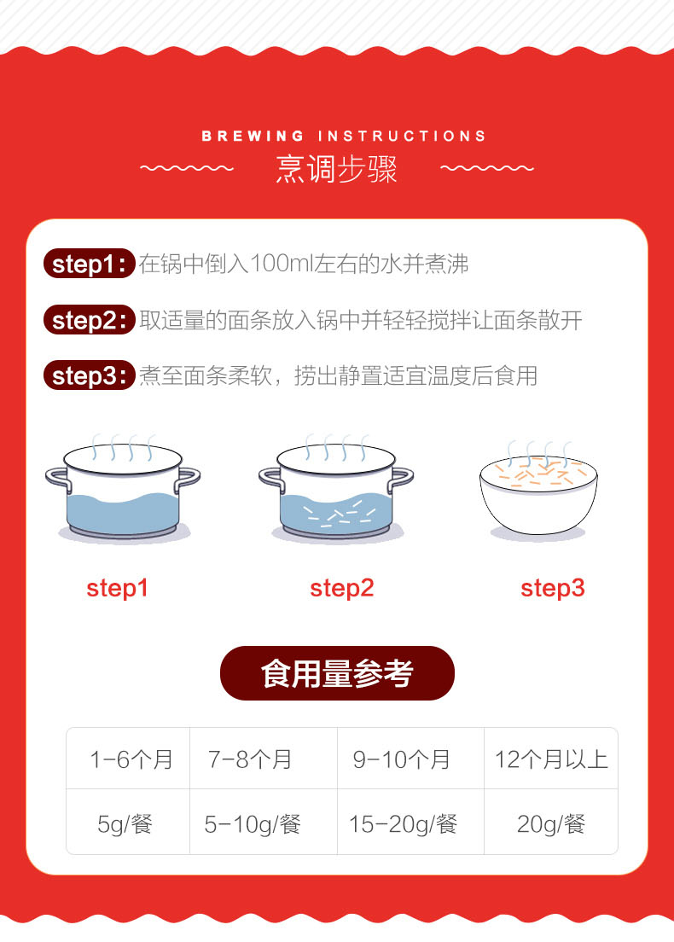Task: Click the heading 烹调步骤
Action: click(x=336, y=169)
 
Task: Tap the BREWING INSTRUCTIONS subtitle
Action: click(x=344, y=137)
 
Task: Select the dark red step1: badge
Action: click(x=89, y=264)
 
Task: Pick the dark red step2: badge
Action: click(x=89, y=320)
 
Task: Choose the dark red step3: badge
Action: click(x=89, y=375)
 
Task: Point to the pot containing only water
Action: click(x=123, y=489)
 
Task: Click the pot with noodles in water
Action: click(x=336, y=489)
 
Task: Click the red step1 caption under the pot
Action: click(x=117, y=589)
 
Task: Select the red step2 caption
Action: click(x=342, y=589)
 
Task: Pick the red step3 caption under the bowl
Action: click(x=553, y=589)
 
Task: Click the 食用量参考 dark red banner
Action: click(x=337, y=673)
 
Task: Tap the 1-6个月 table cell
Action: click(x=128, y=759)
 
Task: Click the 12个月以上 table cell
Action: click(x=551, y=759)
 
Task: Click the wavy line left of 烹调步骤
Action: click(x=187, y=168)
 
